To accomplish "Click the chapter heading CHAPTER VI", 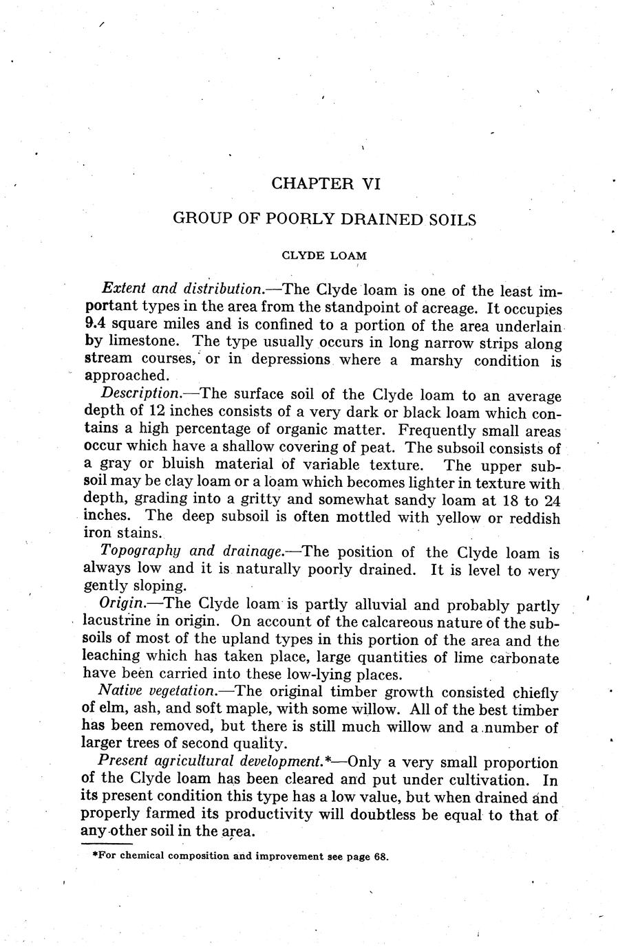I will click(x=326, y=184).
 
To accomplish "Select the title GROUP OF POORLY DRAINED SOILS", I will click(x=324, y=219).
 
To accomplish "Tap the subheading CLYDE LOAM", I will click(x=324, y=255).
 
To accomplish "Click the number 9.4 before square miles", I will click(x=94, y=324).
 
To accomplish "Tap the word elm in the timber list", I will click(x=114, y=709).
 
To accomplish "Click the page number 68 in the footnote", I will click(x=382, y=857).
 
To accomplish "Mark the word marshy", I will click(x=437, y=360).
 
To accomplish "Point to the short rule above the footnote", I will click(x=106, y=844).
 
